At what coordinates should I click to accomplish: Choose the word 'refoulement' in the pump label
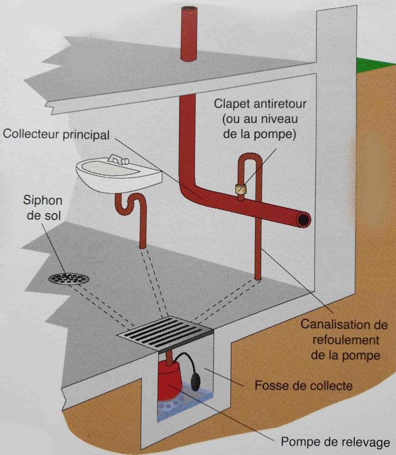point(340,340)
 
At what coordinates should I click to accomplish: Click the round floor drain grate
point(69,279)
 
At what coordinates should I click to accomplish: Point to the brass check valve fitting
point(240,189)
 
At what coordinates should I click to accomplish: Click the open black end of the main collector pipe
point(303,220)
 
